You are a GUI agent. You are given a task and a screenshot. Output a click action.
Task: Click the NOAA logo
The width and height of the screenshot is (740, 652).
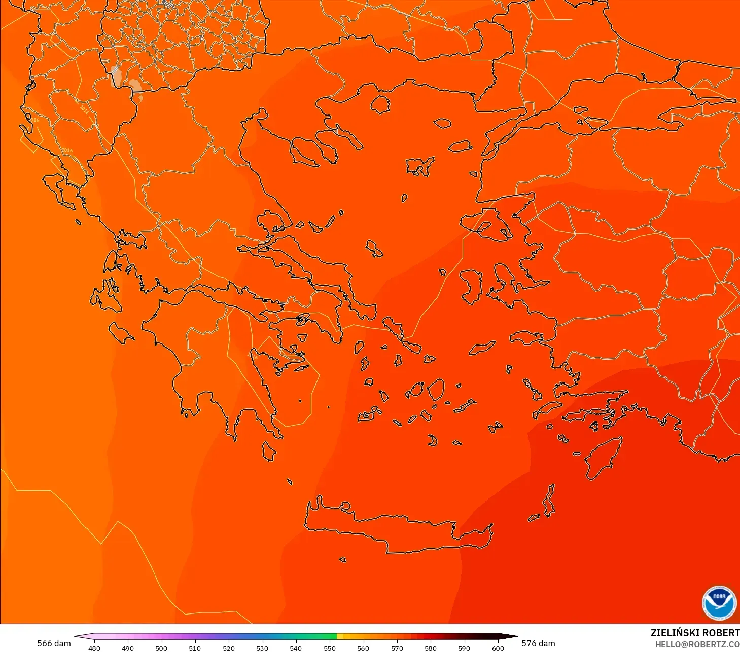click(719, 603)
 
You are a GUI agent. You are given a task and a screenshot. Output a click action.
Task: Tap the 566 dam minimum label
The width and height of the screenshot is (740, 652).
click(54, 643)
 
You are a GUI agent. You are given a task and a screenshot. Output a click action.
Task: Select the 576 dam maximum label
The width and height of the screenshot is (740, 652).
click(538, 643)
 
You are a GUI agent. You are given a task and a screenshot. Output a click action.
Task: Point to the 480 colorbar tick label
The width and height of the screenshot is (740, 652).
click(94, 648)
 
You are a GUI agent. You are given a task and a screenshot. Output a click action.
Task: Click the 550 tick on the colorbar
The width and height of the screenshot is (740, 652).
click(330, 648)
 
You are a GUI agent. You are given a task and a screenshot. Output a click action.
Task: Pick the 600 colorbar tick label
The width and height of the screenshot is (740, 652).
click(498, 648)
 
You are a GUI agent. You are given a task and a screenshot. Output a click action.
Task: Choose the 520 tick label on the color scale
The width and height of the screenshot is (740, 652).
click(229, 648)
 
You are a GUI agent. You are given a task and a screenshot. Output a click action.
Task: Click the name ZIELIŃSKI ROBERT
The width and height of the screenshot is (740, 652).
click(695, 633)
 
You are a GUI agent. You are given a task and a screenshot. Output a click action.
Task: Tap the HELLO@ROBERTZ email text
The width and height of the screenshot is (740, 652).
click(697, 644)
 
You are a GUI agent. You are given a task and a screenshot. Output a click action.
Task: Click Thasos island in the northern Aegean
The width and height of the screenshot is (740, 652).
click(380, 104)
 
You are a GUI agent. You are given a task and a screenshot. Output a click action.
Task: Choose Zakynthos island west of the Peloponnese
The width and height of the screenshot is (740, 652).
click(121, 332)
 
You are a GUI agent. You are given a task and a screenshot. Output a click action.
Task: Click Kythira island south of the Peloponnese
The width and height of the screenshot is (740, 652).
click(269, 451)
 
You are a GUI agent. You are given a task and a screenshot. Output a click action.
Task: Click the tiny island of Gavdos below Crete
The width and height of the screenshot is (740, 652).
click(342, 560)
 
